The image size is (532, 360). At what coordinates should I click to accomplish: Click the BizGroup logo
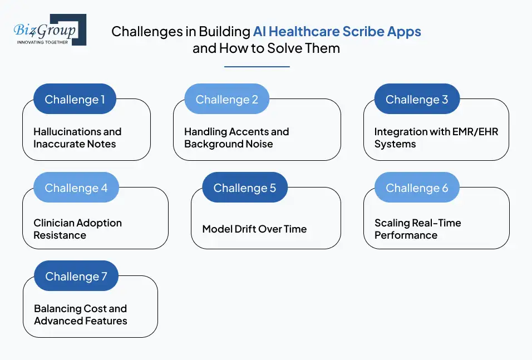point(50,30)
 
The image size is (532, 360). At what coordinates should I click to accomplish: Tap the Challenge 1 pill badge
point(75,99)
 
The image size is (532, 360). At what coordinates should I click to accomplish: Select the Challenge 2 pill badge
point(226,99)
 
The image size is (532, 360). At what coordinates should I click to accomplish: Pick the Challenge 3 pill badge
point(417,99)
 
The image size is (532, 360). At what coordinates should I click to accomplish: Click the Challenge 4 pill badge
point(76,188)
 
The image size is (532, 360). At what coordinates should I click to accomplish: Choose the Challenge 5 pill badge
point(245,188)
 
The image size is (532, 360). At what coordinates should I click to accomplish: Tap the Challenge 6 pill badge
point(417,188)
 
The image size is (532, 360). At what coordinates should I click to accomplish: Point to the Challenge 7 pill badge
point(76,276)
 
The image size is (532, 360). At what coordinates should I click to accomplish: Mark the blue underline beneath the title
point(257,67)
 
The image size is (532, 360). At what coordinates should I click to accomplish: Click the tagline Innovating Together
point(42,42)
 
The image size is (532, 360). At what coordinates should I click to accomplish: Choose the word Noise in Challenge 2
point(259,144)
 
